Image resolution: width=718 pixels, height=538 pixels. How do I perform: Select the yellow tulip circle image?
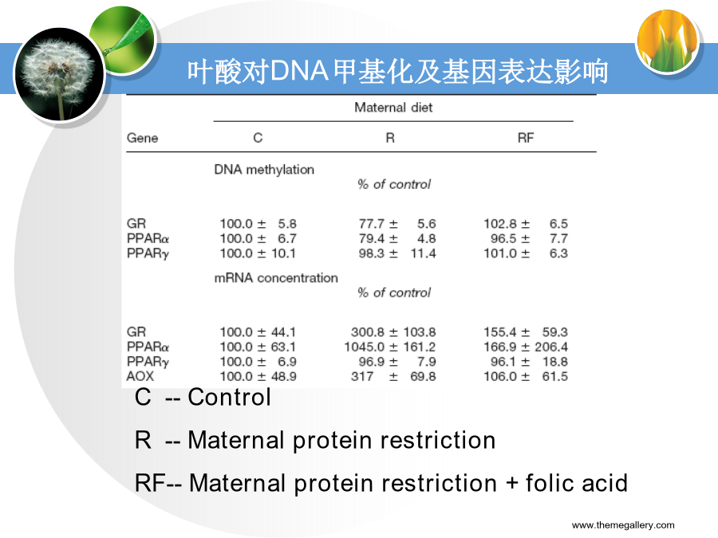point(668,42)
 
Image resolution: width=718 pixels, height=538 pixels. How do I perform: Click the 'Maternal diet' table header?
point(393,108)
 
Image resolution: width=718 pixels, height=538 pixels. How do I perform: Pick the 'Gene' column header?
point(143,138)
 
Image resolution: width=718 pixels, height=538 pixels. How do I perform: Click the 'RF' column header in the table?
point(526,138)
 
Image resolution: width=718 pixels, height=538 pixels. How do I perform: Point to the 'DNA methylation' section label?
point(264,170)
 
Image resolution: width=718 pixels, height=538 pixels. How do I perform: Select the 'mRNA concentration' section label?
point(276,278)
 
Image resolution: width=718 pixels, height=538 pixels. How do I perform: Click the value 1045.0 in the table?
point(365,347)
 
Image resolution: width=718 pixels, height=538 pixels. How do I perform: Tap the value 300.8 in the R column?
point(368,332)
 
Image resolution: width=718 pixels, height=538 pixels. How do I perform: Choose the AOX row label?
point(140,376)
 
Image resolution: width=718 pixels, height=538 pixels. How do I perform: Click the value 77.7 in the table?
point(371,224)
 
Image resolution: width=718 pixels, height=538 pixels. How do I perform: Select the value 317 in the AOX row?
point(362,376)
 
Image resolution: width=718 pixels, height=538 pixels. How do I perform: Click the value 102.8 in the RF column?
point(500,224)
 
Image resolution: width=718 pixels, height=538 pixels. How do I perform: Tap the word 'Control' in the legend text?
point(230,397)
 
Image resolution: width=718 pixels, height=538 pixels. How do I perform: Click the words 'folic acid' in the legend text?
point(577,483)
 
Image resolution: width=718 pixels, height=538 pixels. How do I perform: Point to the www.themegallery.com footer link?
point(623,525)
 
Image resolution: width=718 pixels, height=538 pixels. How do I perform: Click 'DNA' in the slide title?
point(299,72)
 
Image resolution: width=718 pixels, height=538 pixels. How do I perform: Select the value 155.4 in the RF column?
point(500,332)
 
